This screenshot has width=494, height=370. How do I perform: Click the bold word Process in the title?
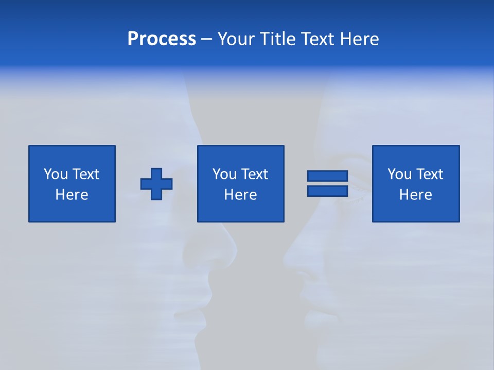tap(162, 39)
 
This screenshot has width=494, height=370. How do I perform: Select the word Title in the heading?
tap(278, 39)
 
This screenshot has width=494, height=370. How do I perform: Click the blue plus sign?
tap(156, 184)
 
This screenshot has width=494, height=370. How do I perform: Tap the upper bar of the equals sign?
tap(327, 176)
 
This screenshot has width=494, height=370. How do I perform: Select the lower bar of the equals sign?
tap(327, 191)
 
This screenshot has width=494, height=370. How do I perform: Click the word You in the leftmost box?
tap(55, 174)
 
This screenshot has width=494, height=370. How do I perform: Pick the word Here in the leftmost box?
tap(72, 195)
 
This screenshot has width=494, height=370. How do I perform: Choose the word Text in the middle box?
tap(255, 174)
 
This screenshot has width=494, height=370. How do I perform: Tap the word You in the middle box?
tap(224, 174)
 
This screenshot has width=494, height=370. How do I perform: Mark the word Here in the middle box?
tap(240, 195)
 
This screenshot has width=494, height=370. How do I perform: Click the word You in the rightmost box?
tap(399, 174)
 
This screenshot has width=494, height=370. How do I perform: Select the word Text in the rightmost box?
tap(430, 174)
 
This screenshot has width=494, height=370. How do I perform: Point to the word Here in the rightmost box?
tap(415, 195)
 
